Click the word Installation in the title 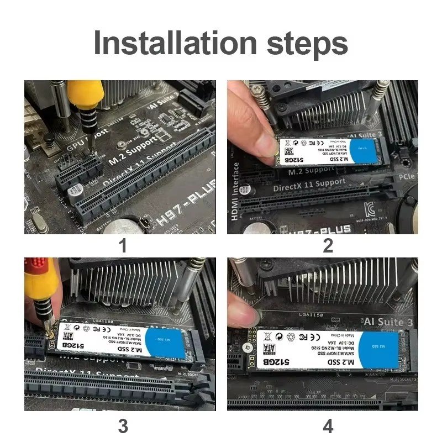[x=176, y=43]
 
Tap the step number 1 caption [x=123, y=245]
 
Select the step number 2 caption [x=328, y=245]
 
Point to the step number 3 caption [x=123, y=425]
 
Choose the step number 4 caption [x=328, y=425]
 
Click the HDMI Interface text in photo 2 [x=236, y=191]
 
